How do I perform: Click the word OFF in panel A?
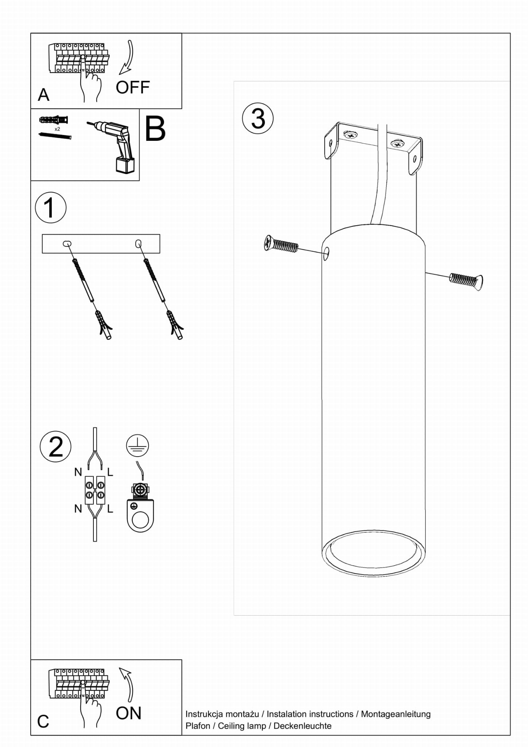click(x=133, y=88)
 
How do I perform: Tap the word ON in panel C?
click(x=128, y=713)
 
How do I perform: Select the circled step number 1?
click(x=51, y=208)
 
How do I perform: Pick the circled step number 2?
click(x=55, y=446)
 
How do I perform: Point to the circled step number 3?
click(x=258, y=118)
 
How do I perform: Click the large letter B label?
click(x=155, y=129)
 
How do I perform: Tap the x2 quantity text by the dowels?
click(x=57, y=129)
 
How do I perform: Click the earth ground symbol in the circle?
click(x=137, y=446)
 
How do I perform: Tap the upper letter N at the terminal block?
click(x=78, y=472)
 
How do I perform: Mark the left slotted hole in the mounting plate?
click(x=67, y=243)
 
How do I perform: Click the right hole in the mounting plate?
click(x=138, y=243)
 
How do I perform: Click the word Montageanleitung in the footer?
click(x=396, y=714)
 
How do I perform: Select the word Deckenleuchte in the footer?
click(x=302, y=726)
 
